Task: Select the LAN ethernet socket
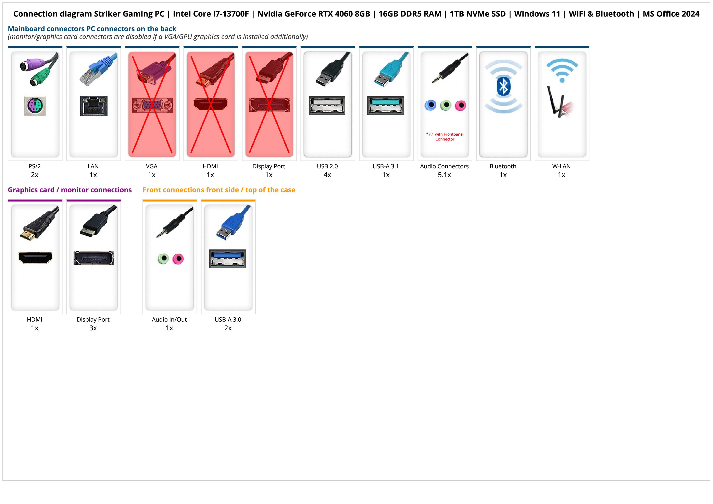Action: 93,106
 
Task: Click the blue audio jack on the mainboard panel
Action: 430,105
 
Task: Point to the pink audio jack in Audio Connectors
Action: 460,106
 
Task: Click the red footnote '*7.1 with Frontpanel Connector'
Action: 445,137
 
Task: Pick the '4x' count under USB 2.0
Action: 327,175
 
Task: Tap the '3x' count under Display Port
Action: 93,328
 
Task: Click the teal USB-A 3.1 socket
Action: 385,105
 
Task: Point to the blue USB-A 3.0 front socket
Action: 227,258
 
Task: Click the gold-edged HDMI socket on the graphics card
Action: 35,257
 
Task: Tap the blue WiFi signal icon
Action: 562,70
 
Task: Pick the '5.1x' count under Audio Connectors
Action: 444,175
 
